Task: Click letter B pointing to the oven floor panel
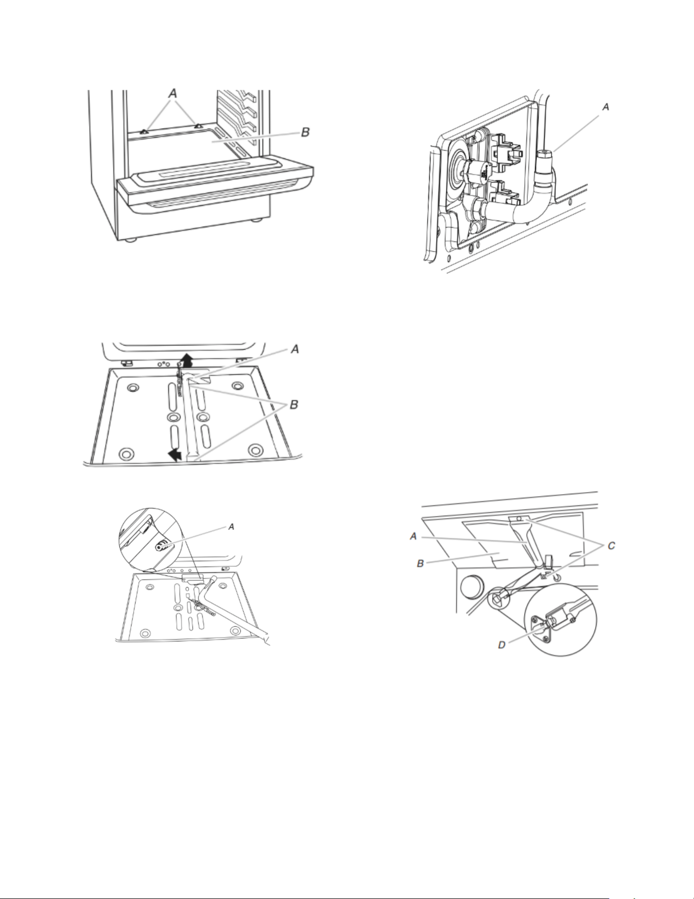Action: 305,132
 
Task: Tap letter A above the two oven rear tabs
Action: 173,94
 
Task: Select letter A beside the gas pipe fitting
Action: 605,107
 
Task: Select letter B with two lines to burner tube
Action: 295,405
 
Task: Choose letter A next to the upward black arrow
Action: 294,350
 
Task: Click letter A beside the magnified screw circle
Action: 231,527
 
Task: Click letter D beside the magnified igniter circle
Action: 502,645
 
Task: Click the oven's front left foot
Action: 131,239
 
